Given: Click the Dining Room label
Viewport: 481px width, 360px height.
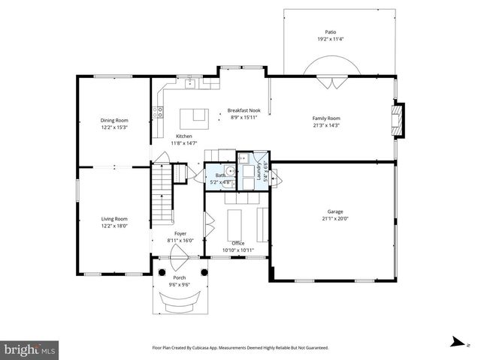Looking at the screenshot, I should pyautogui.click(x=114, y=120).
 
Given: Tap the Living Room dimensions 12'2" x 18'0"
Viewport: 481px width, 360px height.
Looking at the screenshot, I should pyautogui.click(x=114, y=225).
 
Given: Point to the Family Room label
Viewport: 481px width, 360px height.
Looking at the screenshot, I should pyautogui.click(x=326, y=118).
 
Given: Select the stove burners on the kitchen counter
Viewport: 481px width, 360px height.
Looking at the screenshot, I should pyautogui.click(x=159, y=112).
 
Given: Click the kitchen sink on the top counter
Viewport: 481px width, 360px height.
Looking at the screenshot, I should pyautogui.click(x=189, y=83).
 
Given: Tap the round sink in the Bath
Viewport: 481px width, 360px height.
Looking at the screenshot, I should pyautogui.click(x=231, y=171).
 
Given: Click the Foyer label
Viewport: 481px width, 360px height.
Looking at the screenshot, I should pyautogui.click(x=180, y=233).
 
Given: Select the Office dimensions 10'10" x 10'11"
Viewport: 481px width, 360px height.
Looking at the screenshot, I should pyautogui.click(x=237, y=250).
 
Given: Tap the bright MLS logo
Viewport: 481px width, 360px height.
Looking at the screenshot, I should pyautogui.click(x=30, y=349).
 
